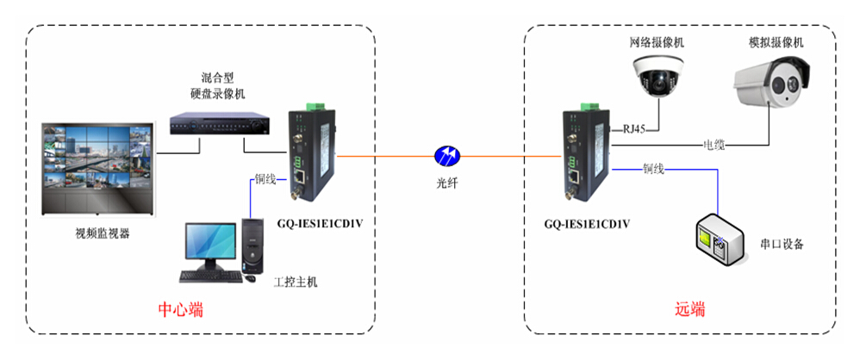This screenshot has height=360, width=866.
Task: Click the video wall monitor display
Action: (97, 168)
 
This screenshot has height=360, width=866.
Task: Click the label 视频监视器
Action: (102, 233)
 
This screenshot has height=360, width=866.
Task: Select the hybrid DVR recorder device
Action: (219, 125)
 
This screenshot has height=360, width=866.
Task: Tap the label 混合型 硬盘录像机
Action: (218, 85)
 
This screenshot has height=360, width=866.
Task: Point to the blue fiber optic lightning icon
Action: (447, 156)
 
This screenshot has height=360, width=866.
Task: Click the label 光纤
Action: (447, 182)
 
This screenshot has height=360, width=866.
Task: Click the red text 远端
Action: (689, 309)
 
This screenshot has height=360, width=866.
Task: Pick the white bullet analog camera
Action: (776, 86)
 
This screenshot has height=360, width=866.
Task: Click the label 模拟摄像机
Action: (776, 42)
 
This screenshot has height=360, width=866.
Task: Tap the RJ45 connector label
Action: (633, 130)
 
